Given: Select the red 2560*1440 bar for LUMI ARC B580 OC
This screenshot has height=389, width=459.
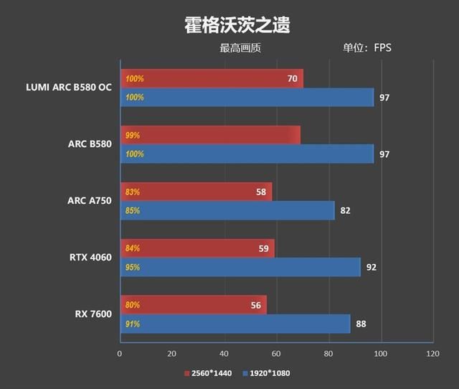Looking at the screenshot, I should click(x=212, y=78).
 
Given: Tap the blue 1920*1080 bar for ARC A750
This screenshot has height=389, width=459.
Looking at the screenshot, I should click(x=227, y=210).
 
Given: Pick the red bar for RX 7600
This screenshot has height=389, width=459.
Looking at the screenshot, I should click(x=193, y=304).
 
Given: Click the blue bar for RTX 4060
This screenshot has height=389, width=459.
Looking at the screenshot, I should click(x=240, y=267).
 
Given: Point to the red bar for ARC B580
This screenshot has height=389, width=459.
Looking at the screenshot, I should click(x=210, y=135).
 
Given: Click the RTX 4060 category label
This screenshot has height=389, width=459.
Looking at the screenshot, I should click(x=90, y=258).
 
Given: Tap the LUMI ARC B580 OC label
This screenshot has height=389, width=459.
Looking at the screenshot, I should click(x=69, y=88).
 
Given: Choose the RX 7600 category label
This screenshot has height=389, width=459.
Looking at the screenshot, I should click(x=93, y=314).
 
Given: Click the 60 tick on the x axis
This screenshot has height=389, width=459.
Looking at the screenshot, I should click(x=276, y=354).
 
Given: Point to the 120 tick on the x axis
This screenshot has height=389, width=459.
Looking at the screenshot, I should click(x=432, y=354).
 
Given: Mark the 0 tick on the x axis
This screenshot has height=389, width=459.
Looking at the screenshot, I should click(x=120, y=354).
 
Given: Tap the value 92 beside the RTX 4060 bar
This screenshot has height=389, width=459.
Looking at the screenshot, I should click(x=371, y=268).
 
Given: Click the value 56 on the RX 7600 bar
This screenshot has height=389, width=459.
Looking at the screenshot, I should click(x=255, y=304).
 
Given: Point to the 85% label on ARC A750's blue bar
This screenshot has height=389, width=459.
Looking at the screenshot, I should click(x=133, y=211).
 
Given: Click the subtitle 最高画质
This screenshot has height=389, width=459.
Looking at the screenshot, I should click(x=240, y=49).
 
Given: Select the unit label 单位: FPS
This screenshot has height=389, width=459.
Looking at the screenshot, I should click(x=367, y=49).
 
